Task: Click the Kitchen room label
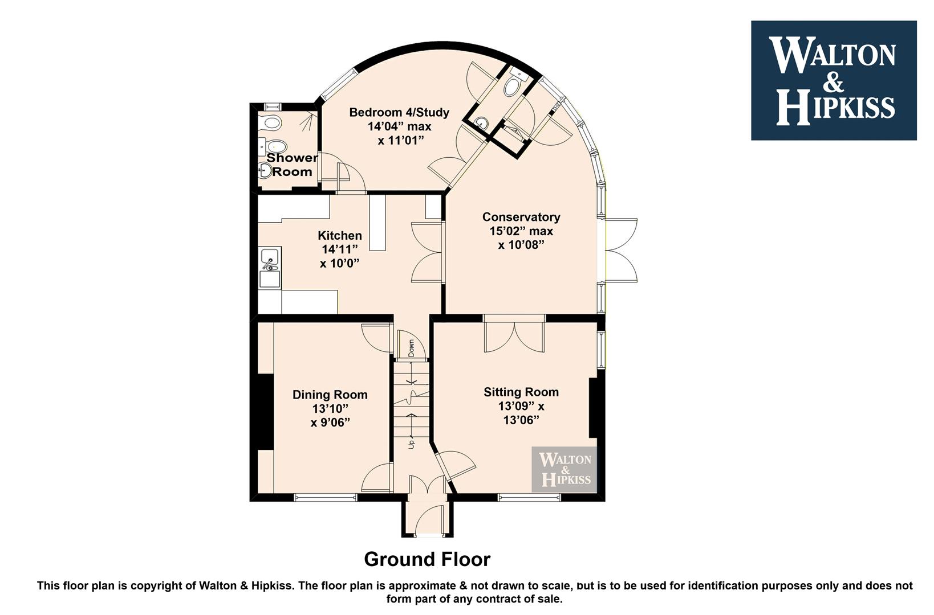tap(339, 236)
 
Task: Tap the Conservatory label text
tap(521, 217)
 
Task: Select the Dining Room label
tap(330, 395)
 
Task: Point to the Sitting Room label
tap(521, 392)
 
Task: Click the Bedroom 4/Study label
tap(399, 112)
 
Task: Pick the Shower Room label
tap(292, 165)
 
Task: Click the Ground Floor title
tap(427, 559)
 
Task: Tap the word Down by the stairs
tap(411, 348)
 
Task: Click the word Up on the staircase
tap(412, 444)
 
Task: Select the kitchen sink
tap(270, 267)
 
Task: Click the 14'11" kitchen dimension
tap(339, 249)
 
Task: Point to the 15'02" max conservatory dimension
tap(521, 231)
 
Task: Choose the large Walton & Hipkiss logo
tap(834, 80)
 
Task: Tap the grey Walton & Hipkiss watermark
tap(564, 470)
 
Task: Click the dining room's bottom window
tap(325, 497)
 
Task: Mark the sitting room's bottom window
tap(530, 497)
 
